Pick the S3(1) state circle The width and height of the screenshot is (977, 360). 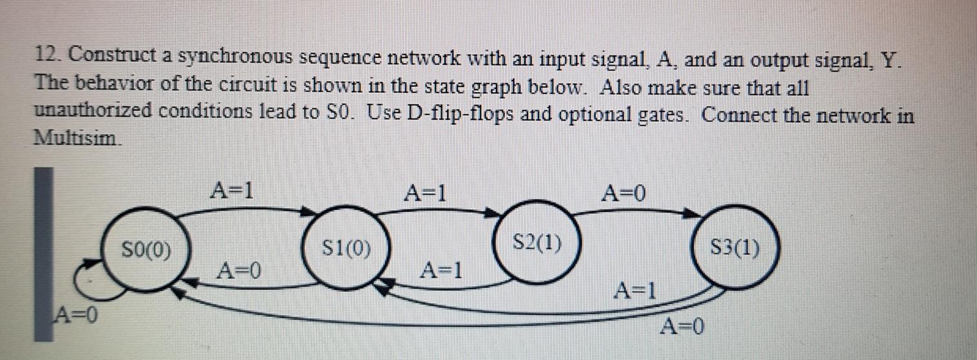(734, 247)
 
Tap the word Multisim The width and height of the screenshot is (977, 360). (76, 138)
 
